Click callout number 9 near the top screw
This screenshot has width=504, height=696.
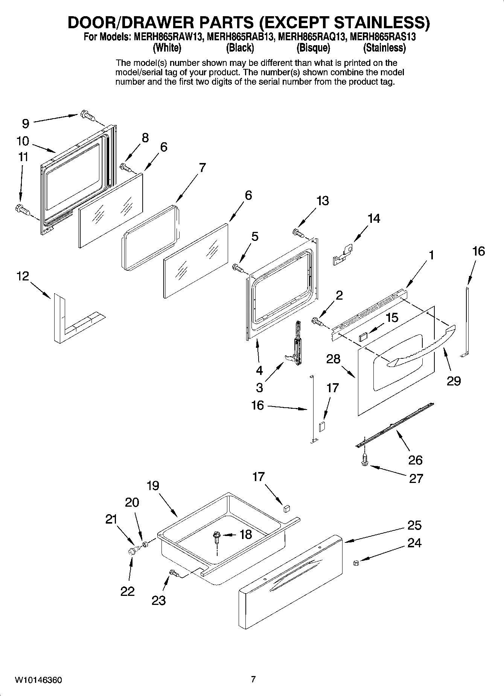[26, 123]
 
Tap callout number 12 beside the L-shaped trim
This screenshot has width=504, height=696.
[23, 276]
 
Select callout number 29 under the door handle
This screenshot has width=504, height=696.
[454, 381]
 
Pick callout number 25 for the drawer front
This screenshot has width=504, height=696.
[414, 525]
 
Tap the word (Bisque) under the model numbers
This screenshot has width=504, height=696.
[313, 48]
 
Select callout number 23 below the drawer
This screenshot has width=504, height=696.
[158, 600]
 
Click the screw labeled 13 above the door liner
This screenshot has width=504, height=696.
[298, 233]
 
